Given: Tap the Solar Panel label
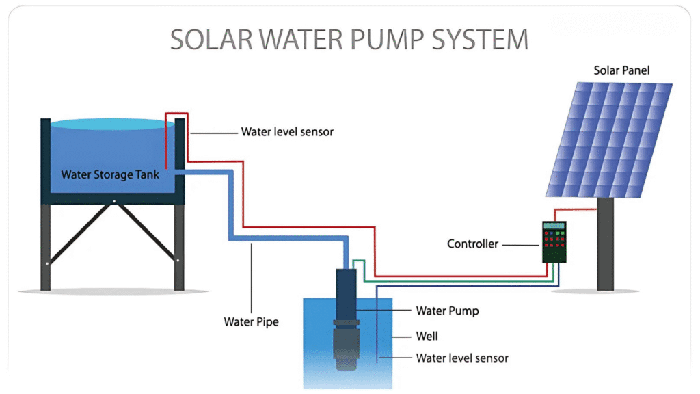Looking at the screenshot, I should point(621,70).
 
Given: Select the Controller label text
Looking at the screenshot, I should point(472,244).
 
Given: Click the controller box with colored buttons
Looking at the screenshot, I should point(555,242).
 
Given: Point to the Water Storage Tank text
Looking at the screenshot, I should point(110,174).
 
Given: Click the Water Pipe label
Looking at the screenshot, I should point(252,321).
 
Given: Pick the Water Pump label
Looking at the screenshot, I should point(447,311).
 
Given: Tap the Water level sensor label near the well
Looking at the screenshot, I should point(462,358).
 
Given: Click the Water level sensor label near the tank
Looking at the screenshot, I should point(287,131).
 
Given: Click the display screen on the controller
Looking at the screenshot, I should point(555,226).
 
